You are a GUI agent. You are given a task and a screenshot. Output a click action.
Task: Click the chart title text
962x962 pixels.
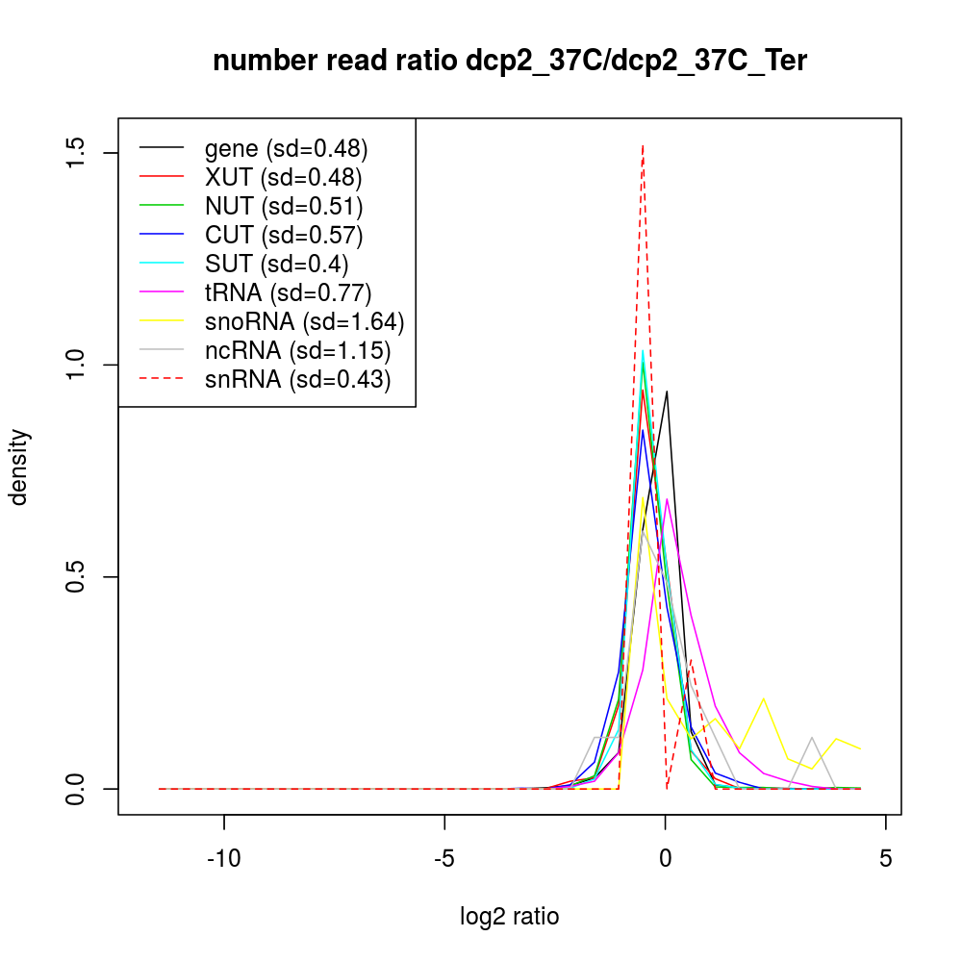pyautogui.click(x=509, y=62)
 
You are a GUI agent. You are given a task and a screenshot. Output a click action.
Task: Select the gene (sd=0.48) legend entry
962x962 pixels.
pyautogui.click(x=287, y=149)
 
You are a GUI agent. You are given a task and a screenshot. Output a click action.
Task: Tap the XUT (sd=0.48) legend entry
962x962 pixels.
pyautogui.click(x=283, y=178)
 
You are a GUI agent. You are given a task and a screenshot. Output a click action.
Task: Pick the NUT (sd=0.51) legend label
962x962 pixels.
pyautogui.click(x=284, y=207)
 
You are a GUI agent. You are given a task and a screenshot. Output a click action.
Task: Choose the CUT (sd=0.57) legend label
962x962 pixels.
pyautogui.click(x=284, y=236)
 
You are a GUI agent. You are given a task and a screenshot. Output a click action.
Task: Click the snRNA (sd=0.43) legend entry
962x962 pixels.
pyautogui.click(x=298, y=380)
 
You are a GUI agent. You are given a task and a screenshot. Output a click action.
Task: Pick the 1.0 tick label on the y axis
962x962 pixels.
pyautogui.click(x=77, y=365)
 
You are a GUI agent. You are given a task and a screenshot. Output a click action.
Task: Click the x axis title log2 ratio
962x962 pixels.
pyautogui.click(x=509, y=917)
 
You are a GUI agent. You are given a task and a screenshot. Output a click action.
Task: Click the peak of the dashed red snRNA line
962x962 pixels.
pyautogui.click(x=643, y=145)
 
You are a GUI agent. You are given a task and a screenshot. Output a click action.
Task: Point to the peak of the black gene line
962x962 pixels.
pyautogui.click(x=667, y=391)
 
